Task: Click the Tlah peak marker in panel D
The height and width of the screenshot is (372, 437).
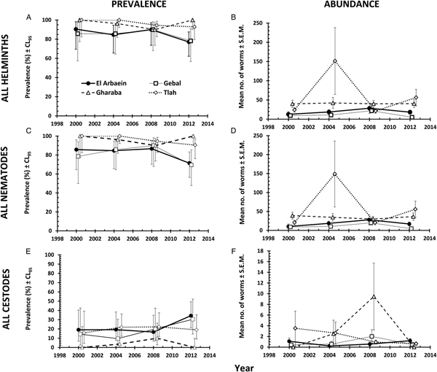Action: [334, 174]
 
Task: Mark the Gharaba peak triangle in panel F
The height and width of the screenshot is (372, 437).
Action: [374, 297]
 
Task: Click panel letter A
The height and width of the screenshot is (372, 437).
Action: [28, 18]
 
